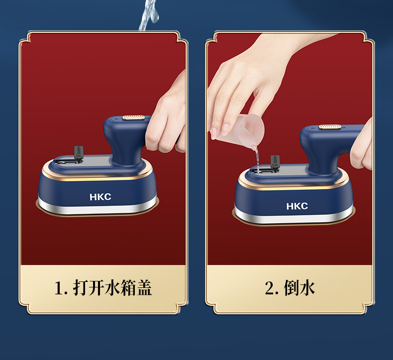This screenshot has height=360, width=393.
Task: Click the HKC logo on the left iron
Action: pos(100,197)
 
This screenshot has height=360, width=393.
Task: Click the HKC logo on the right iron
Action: pos(297,206)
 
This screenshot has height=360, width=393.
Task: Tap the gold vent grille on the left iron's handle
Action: pos(133,117)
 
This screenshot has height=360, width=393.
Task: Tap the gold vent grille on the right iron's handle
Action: pos(330,127)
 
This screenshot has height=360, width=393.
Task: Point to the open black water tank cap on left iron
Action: pos(79,153)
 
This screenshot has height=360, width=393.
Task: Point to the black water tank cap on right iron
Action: pos(275,162)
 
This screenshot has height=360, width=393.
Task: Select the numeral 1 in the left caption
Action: pos(59,288)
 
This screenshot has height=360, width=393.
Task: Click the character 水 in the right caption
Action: pos(307,288)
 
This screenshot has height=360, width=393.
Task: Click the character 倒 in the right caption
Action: pos(291,288)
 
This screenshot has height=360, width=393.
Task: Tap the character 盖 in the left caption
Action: pos(144,287)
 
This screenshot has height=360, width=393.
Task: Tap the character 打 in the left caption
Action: pos(81,287)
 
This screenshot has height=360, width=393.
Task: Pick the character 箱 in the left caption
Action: pos(128,287)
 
